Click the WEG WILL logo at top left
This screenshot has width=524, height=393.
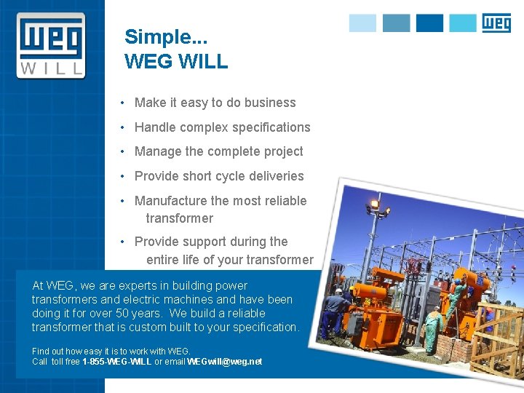(51, 45)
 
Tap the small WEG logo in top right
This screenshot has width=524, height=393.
(496, 23)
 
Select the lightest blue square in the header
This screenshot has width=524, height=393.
(362, 23)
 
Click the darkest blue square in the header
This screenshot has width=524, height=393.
(429, 23)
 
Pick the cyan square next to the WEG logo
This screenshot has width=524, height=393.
(463, 23)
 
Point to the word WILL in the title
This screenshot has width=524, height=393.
(202, 61)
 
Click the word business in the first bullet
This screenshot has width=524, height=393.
(270, 103)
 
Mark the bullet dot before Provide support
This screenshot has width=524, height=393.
(125, 242)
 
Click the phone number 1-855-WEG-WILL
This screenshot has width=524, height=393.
(117, 362)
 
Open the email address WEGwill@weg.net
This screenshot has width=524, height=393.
(224, 362)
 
